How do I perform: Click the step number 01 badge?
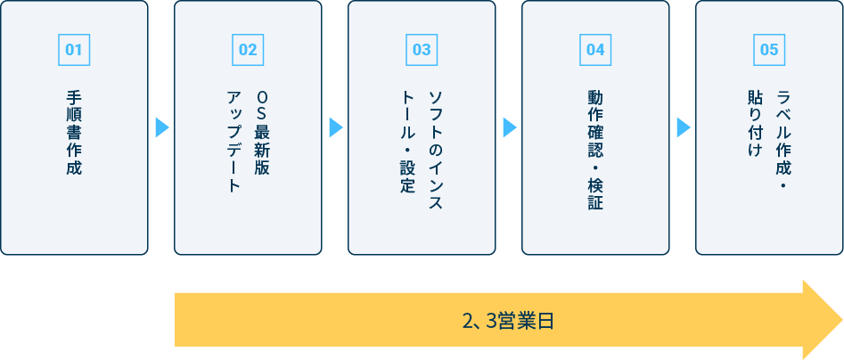click(x=74, y=50)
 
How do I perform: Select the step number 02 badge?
click(x=248, y=50)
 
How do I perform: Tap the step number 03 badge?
click(x=422, y=50)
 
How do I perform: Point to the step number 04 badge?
click(x=595, y=50)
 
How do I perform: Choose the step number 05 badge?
click(x=769, y=50)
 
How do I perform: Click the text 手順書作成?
click(x=74, y=133)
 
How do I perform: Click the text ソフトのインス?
click(x=436, y=151)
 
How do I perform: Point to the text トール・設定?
click(x=407, y=142)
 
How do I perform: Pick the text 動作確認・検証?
click(x=595, y=150)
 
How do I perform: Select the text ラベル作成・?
click(x=783, y=140)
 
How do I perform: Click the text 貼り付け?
click(x=755, y=124)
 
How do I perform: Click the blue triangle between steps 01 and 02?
click(x=162, y=128)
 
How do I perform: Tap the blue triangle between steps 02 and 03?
click(x=336, y=128)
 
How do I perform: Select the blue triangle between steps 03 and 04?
click(x=510, y=128)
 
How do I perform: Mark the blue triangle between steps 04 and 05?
click(x=684, y=128)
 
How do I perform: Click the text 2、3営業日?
click(x=508, y=321)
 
